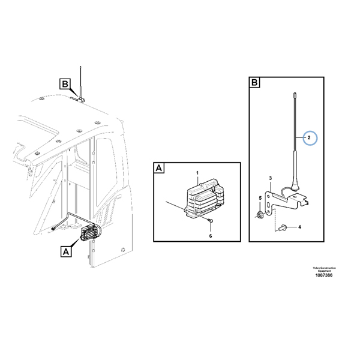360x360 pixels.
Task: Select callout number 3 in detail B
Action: pos(271,178)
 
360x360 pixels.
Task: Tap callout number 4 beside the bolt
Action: pos(301,227)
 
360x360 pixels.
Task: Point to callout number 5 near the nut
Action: pos(260,198)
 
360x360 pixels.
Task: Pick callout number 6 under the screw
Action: pos(211,236)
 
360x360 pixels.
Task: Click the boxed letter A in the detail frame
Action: pos(160,169)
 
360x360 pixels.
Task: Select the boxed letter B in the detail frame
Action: pos(254,82)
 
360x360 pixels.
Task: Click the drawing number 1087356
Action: pos(323,275)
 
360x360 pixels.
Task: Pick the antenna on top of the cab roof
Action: pos(80,84)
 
